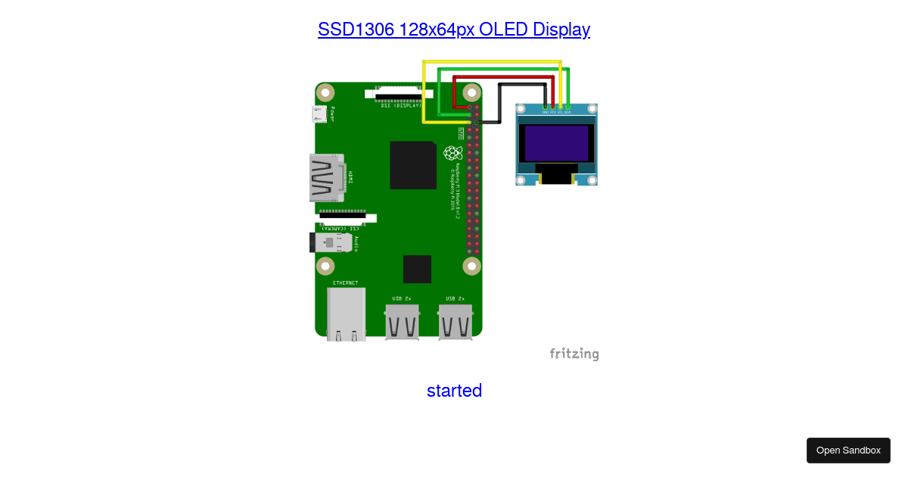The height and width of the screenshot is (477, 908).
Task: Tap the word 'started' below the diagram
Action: [x=454, y=391]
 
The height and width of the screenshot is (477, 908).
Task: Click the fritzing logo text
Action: [x=574, y=354]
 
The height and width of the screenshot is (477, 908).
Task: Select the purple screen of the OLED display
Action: [x=556, y=143]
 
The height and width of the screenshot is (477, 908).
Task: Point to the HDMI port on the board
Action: [x=326, y=178]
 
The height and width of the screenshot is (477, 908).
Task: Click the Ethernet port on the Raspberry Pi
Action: [x=346, y=314]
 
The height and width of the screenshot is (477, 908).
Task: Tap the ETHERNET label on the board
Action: [x=346, y=282]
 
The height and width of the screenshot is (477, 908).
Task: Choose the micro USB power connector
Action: [x=319, y=115]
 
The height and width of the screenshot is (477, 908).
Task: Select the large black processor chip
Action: [x=413, y=165]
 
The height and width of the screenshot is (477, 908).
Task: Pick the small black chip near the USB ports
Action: [x=417, y=269]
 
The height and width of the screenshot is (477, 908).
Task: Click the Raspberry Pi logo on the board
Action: [x=452, y=153]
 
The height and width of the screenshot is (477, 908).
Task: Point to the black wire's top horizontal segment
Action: [x=522, y=85]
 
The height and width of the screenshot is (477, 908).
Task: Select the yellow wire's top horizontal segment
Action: [x=492, y=61]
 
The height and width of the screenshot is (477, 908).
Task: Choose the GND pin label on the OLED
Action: [x=545, y=113]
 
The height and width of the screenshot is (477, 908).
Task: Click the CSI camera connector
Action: [x=342, y=216]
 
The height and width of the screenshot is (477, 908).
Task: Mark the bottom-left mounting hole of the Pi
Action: [x=325, y=266]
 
